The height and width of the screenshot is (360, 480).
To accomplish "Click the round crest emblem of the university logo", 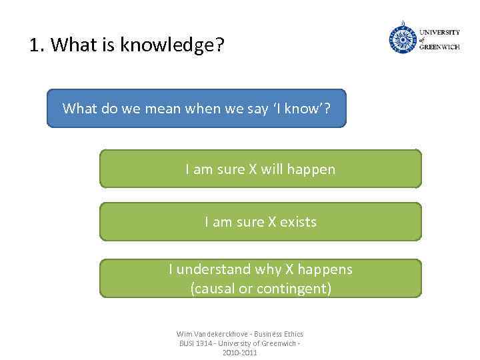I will click(402, 38).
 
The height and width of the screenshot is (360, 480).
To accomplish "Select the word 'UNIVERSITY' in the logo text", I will click(439, 32).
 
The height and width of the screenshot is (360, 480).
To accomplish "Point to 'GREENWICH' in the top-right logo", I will click(439, 47).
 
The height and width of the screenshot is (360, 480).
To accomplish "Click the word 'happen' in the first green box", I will click(313, 169).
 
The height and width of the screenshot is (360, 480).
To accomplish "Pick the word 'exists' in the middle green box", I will click(298, 222).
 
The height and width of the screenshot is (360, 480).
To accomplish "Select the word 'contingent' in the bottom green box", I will click(295, 289).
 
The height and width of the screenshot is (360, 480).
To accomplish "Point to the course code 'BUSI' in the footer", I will click(185, 343).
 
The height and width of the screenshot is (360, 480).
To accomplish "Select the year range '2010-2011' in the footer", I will click(239, 352).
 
